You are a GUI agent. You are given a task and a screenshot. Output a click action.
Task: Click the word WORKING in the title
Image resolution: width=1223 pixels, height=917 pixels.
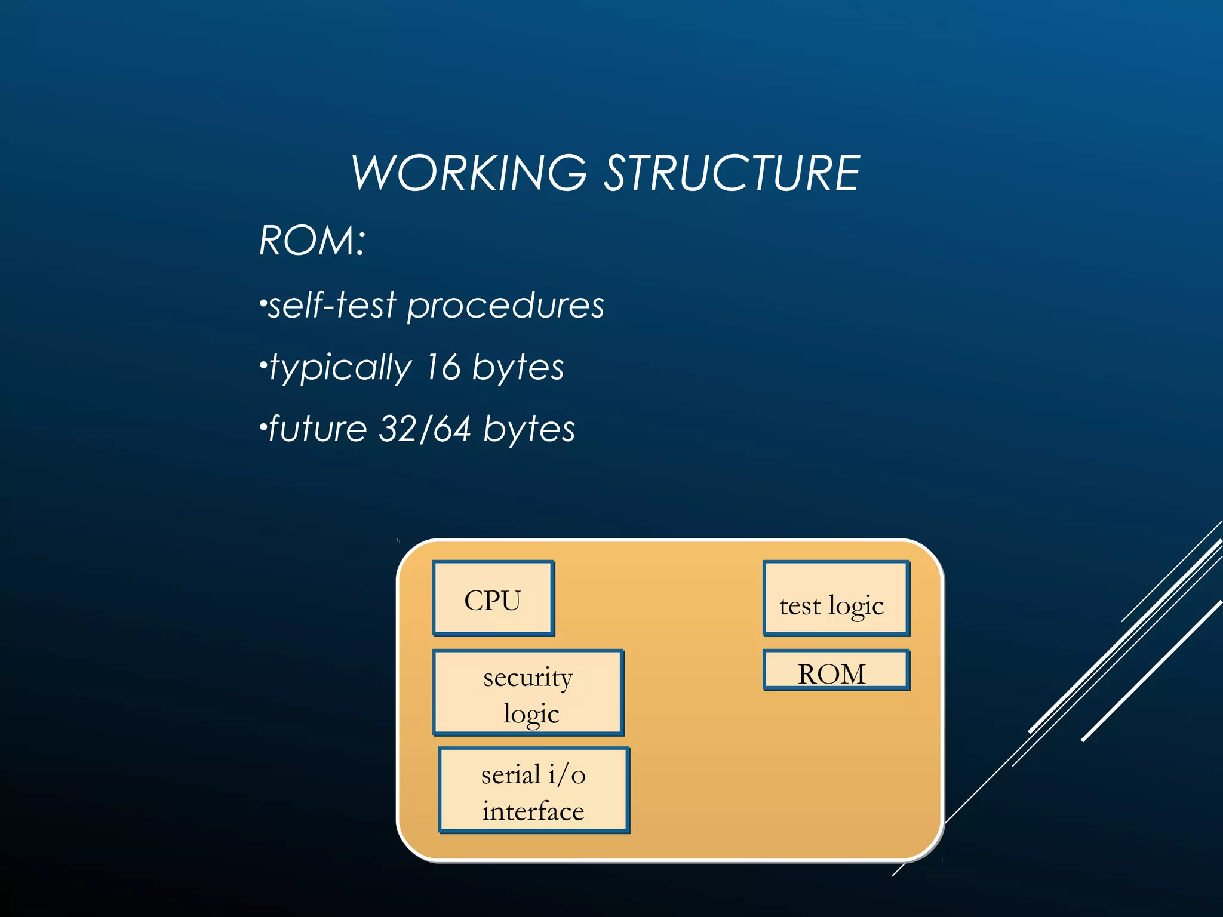[x=469, y=173]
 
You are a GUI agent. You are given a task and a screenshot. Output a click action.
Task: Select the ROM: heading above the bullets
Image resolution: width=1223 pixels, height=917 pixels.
[x=312, y=241]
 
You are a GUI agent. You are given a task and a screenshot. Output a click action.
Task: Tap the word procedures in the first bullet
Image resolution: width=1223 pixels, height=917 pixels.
[x=505, y=306]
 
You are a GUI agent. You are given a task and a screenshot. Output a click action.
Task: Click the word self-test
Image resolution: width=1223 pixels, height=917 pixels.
[x=332, y=305]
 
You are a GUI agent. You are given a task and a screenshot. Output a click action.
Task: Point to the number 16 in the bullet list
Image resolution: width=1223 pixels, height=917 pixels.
[x=443, y=367]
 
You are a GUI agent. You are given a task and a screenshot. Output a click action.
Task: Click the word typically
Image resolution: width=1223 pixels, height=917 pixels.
[x=340, y=368]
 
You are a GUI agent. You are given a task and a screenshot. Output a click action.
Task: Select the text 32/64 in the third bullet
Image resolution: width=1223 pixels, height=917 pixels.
[x=425, y=429]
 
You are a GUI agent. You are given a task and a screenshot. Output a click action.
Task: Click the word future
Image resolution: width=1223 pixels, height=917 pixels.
[x=318, y=429]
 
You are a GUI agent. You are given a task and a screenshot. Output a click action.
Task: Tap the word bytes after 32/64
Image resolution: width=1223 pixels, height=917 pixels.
[x=528, y=429]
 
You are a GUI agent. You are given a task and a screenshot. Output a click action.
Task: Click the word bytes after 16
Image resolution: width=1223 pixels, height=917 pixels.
[x=518, y=367]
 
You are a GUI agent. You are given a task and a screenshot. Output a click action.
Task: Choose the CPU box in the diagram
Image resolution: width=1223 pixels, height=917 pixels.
[x=493, y=599]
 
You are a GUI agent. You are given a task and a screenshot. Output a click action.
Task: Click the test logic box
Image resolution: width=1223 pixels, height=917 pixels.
[x=836, y=599]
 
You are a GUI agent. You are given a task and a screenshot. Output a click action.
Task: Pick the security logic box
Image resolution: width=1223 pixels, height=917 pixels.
[x=528, y=693]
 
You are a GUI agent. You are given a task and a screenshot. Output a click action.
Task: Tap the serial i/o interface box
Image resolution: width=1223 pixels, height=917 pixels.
[x=534, y=790]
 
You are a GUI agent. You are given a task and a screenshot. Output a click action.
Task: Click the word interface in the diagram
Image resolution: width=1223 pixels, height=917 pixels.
[x=533, y=811]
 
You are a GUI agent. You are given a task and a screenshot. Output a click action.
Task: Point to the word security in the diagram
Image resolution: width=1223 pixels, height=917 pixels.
[x=528, y=678]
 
